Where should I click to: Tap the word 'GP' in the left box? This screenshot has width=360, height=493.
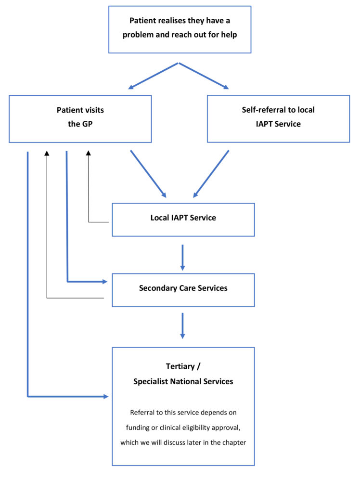(88, 124)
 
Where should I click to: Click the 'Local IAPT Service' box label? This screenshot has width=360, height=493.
(183, 218)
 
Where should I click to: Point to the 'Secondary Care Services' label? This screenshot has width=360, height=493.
(183, 288)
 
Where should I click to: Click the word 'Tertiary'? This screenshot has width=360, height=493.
(180, 366)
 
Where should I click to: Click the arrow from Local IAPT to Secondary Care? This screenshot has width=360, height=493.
(182, 258)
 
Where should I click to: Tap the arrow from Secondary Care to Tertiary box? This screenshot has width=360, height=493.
(182, 326)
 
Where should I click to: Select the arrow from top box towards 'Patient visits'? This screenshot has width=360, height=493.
(153, 76)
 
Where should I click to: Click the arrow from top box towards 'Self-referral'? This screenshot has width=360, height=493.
(204, 76)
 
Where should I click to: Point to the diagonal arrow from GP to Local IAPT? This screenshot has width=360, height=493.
(148, 174)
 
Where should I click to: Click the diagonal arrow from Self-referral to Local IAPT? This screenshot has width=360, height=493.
(211, 174)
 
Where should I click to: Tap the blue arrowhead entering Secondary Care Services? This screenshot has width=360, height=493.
(105, 281)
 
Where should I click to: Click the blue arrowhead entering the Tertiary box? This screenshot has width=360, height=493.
(106, 397)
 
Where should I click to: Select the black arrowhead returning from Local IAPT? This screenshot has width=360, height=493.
(89, 153)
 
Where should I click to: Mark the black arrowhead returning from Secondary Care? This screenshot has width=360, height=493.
(47, 153)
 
